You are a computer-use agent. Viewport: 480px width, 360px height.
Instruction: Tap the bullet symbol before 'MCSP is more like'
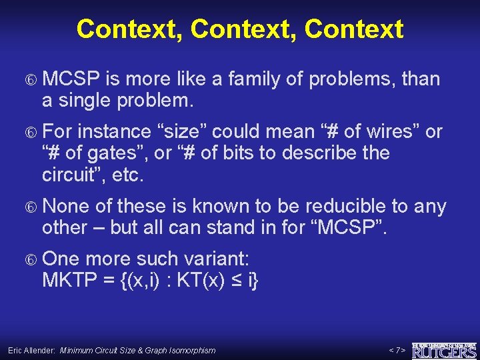tap(30, 80)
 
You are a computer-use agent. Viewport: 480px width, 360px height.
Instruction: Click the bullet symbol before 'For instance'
tap(30, 133)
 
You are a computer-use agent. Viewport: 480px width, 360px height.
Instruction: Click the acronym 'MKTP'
tap(69, 280)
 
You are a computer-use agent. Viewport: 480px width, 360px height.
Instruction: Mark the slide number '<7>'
tap(397, 350)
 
